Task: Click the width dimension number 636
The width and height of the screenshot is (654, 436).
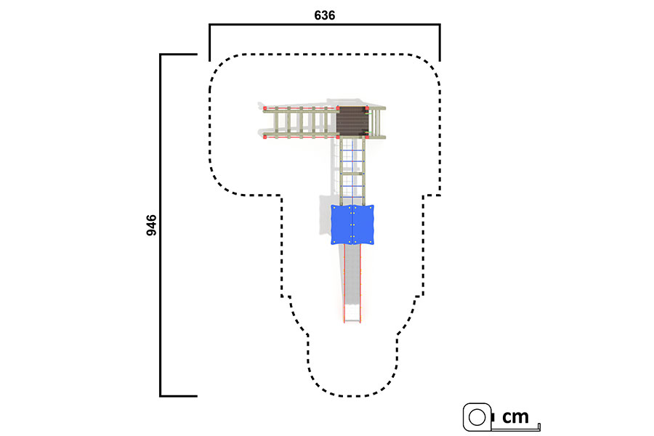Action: coord(325,15)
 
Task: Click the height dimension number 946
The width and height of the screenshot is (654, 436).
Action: coord(151,225)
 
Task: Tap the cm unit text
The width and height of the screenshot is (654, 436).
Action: coord(515,417)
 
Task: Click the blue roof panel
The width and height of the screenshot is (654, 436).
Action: coord(352,225)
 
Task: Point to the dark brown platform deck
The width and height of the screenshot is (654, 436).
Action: coord(352,121)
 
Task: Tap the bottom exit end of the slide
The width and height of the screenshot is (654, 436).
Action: coord(352,320)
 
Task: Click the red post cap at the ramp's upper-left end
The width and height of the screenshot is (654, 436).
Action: coord(265,108)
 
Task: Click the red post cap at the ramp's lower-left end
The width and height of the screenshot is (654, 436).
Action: coord(265,137)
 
